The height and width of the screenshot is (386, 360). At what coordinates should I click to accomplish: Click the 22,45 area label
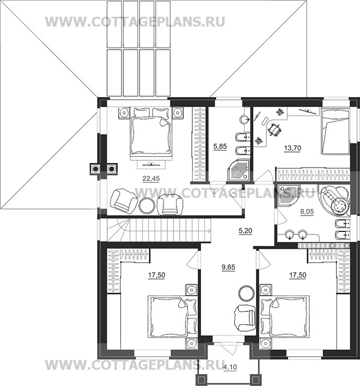[x=151, y=179]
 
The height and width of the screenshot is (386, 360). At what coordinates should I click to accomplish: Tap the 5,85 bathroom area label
[x=220, y=147]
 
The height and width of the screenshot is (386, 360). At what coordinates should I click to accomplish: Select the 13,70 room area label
[x=292, y=148]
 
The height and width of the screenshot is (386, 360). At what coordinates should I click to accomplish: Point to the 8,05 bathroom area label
[x=307, y=212]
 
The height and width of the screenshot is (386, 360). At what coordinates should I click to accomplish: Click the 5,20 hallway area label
[x=245, y=231]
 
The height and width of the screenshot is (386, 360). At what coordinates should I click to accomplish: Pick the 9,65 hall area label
[x=228, y=267]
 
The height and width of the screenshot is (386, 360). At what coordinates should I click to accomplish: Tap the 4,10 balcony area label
[x=230, y=367]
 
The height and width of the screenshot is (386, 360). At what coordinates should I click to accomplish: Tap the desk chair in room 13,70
[x=274, y=130]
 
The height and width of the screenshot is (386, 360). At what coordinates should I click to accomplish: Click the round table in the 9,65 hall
[x=246, y=293]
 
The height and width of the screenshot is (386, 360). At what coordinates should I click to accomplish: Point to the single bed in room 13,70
[x=335, y=132]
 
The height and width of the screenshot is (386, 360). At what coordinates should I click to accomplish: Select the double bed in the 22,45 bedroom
[x=150, y=134]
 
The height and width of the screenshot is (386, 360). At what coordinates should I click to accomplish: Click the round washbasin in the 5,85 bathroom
[x=245, y=120]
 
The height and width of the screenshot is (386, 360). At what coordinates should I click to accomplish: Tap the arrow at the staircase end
[x=209, y=231]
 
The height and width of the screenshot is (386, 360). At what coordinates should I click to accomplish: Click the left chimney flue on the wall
[x=95, y=169]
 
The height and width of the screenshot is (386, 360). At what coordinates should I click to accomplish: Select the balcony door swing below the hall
[x=228, y=349]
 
